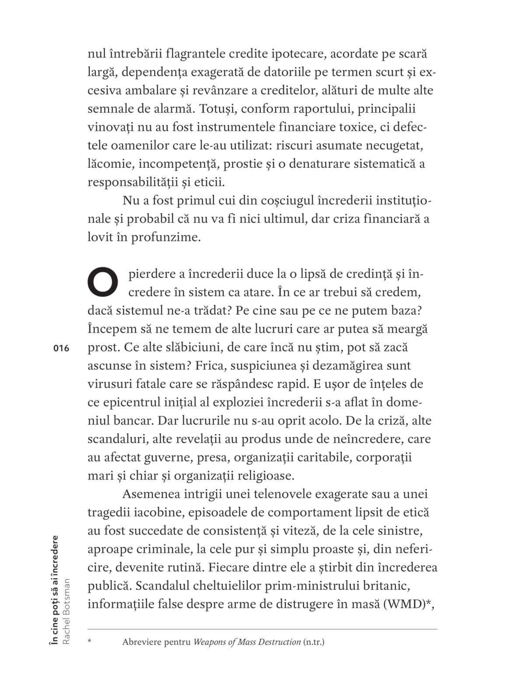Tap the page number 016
(x=61, y=348)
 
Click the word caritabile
(x=324, y=457)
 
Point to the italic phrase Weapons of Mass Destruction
(x=247, y=642)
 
